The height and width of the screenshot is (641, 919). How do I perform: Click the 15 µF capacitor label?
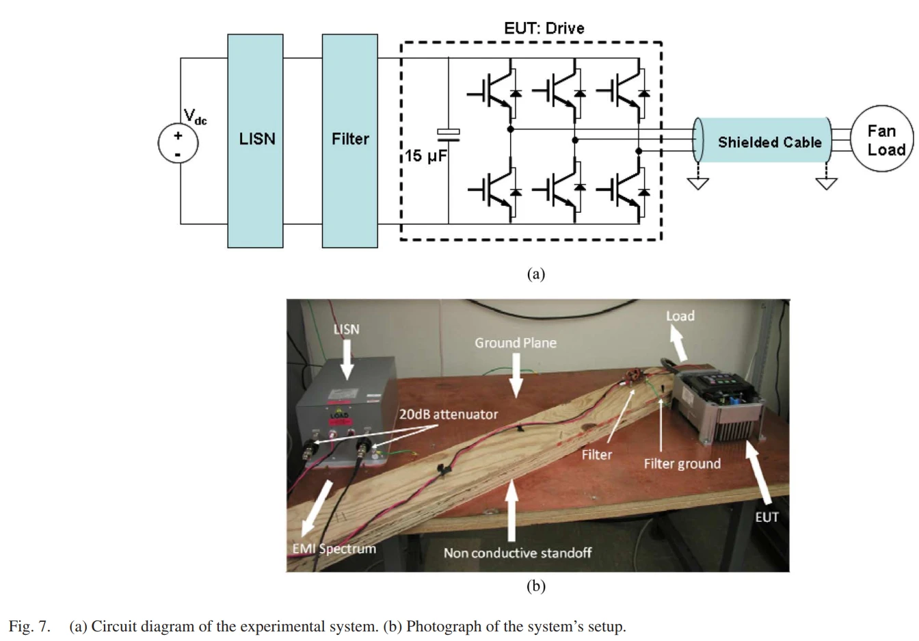coord(425,156)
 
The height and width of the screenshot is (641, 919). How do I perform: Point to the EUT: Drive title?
coord(544,28)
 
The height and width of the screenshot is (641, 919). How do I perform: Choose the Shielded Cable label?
coord(769,142)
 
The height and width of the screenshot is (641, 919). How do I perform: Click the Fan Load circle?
coord(882,139)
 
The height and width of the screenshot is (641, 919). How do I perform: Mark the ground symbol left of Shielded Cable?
coord(698,183)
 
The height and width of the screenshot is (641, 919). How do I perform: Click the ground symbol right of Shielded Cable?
coord(827,183)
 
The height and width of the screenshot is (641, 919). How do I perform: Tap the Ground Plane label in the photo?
coord(516,343)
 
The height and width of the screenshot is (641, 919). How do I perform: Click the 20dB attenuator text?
coord(449,414)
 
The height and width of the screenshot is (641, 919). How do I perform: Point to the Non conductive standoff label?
coord(518,553)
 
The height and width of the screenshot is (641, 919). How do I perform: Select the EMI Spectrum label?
coord(334,549)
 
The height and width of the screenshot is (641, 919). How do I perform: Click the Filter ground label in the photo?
coord(682,464)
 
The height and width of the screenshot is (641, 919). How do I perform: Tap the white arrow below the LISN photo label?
coord(347,358)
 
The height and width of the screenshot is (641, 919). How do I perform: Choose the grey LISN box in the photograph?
coord(345,414)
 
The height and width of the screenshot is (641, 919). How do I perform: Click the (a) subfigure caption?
coord(535,274)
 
